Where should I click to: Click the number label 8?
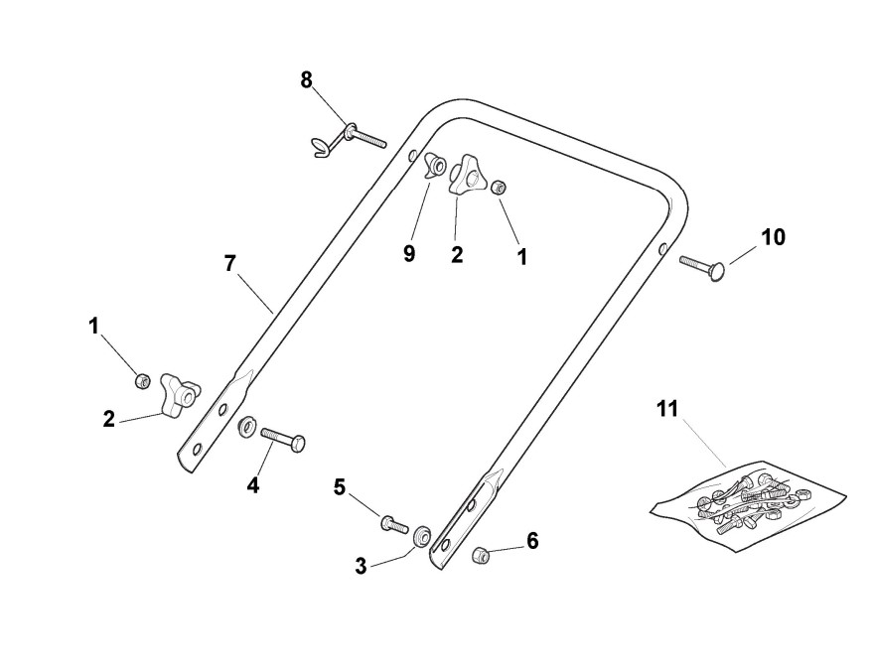tap(307, 79)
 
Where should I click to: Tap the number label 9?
tap(409, 254)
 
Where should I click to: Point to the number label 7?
tap(230, 263)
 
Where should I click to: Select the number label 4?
tap(253, 485)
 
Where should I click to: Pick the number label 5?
tap(340, 486)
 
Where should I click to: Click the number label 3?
tap(361, 567)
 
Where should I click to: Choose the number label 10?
tap(773, 237)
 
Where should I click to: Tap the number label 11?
tap(666, 408)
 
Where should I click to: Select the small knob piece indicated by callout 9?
tap(434, 165)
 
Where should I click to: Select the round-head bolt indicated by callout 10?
tap(703, 264)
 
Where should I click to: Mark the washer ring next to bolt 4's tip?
tap(244, 429)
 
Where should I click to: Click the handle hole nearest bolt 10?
tap(662, 250)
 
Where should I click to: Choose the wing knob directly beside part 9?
tap(466, 175)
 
